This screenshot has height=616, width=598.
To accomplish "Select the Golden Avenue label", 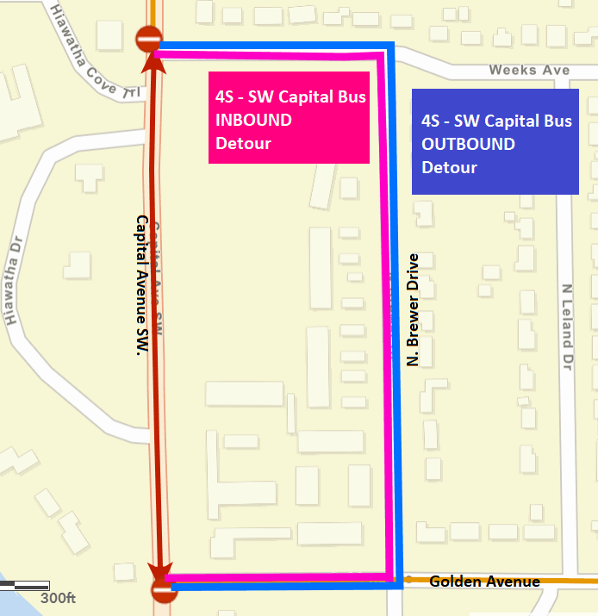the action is [x=484, y=582].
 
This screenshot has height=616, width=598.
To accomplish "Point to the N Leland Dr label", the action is [x=567, y=327].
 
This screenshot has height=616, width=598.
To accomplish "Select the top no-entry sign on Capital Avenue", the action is [x=147, y=38].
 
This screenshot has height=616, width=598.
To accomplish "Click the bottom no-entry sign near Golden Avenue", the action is [x=163, y=590].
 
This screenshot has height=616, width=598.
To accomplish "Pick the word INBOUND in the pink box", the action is [x=253, y=121].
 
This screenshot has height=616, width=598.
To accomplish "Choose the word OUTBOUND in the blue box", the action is [x=469, y=144].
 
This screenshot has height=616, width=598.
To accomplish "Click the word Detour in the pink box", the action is [x=243, y=143].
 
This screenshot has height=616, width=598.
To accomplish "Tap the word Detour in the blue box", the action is [x=449, y=166].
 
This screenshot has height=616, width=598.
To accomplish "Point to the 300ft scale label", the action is [x=59, y=598].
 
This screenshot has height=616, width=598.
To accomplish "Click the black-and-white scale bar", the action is [x=24, y=586].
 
